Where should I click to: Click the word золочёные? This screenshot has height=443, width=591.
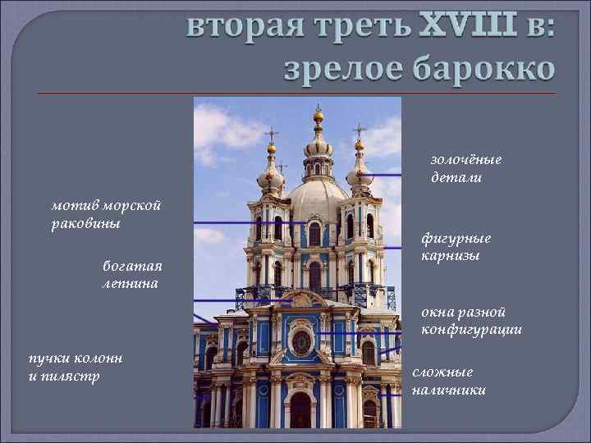[465, 160]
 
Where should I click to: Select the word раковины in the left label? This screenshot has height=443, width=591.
[85, 224]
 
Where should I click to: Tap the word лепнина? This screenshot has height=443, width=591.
[130, 283]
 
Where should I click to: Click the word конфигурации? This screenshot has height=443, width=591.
[471, 330]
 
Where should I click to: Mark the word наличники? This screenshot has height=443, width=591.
[448, 390]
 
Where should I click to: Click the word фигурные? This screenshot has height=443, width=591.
[456, 239]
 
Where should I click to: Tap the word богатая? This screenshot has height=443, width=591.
[132, 266]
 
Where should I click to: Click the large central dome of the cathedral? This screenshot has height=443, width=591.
[315, 197]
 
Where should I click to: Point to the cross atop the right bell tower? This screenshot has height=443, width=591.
[359, 130]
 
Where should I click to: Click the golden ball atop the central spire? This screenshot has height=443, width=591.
[318, 116]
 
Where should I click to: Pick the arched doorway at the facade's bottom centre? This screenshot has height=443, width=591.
[301, 410]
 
